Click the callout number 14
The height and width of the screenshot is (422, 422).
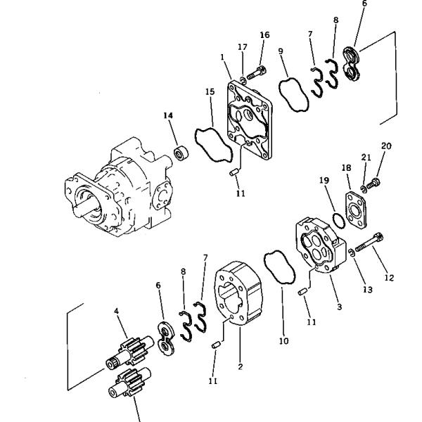[167, 115]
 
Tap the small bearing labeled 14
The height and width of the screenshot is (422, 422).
[182, 151]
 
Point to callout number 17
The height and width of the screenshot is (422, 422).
[242, 48]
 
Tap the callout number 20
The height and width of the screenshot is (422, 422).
[385, 146]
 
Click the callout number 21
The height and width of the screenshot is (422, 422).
[365, 157]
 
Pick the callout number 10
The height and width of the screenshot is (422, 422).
[283, 342]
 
